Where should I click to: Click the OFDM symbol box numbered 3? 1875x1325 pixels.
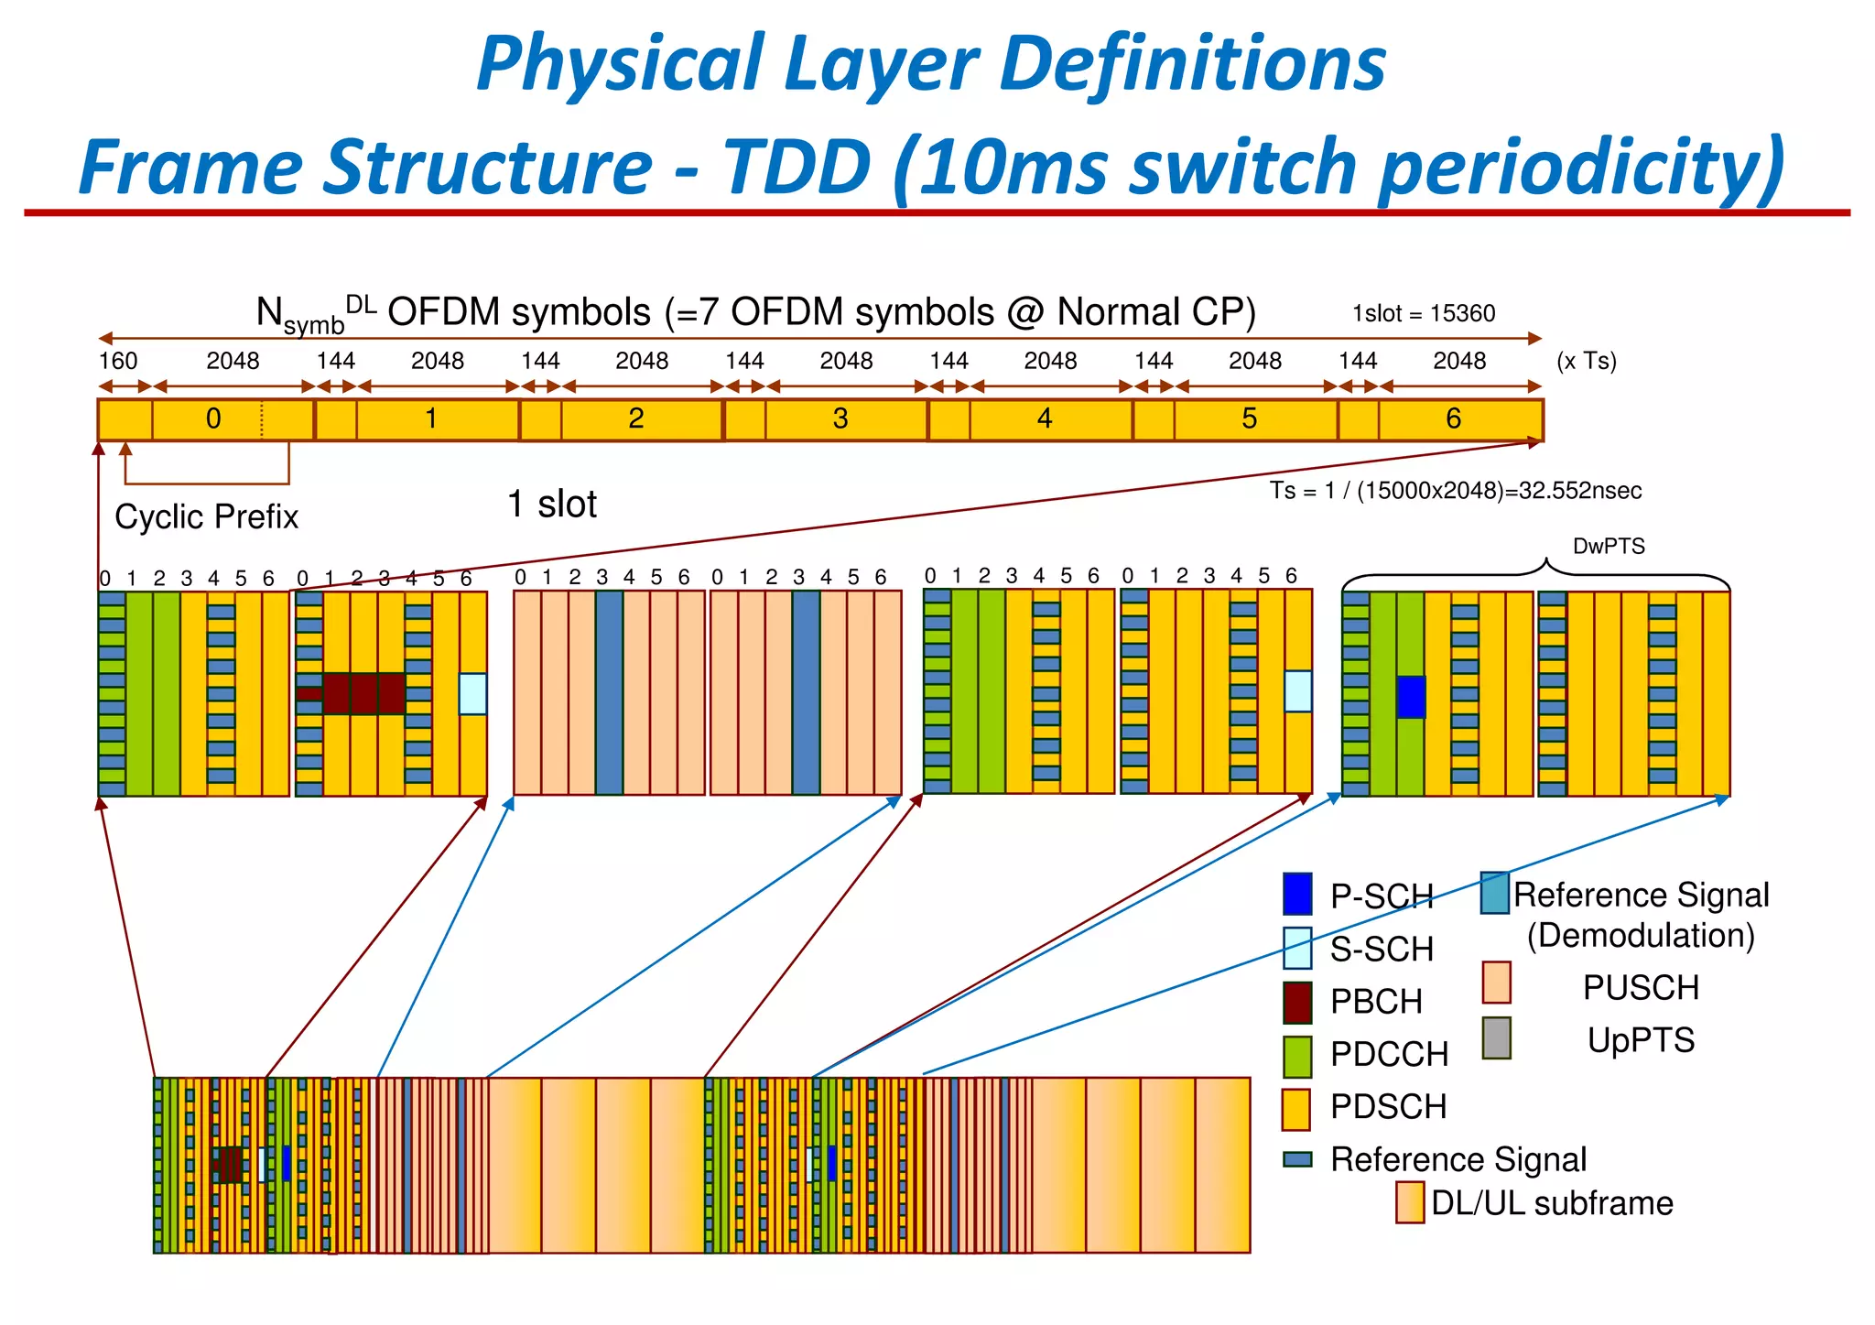point(840,419)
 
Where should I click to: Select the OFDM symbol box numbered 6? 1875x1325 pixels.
point(1454,419)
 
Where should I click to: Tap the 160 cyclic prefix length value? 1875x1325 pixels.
point(117,361)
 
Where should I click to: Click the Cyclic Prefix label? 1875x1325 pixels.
point(206,517)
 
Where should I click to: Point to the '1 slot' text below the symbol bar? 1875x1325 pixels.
point(551,505)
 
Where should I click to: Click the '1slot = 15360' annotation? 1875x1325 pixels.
point(1424,314)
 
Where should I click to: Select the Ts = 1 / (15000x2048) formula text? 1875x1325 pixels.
point(1455,491)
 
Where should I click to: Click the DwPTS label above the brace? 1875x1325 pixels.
point(1609,547)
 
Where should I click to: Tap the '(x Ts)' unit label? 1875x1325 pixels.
point(1587,361)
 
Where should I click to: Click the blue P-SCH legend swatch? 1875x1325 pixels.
point(1297,895)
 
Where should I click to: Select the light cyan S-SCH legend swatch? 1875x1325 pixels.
point(1297,949)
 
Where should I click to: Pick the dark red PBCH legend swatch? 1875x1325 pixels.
point(1297,1002)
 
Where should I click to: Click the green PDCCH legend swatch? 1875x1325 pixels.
point(1297,1055)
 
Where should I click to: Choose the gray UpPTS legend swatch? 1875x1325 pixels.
point(1496,1038)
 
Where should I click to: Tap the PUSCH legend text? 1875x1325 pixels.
point(1641,988)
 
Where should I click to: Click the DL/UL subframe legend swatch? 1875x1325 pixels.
point(1409,1202)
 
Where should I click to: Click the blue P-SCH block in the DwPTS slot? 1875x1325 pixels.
point(1411,697)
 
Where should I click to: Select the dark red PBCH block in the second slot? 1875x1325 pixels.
point(363,693)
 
